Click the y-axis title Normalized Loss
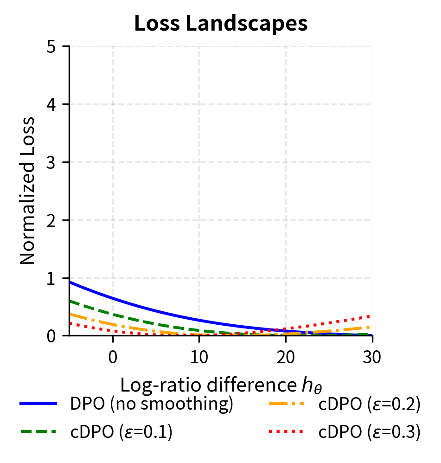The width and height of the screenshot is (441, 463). [x=28, y=190]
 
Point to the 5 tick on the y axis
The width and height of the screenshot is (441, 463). [x=52, y=47]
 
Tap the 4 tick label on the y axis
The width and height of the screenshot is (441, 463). [x=52, y=104]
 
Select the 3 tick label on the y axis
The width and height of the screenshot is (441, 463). [x=52, y=162]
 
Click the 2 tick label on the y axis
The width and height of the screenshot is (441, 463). [x=52, y=220]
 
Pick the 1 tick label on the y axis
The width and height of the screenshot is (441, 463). [x=52, y=278]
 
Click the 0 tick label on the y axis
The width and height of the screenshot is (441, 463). [x=52, y=336]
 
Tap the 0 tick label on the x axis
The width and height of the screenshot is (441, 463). [x=113, y=358]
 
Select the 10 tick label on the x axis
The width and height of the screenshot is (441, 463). [x=199, y=358]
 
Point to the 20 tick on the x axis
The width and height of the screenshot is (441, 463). [x=286, y=358]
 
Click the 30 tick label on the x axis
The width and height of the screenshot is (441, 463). [x=372, y=358]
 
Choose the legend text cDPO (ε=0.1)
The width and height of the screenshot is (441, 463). [x=121, y=432]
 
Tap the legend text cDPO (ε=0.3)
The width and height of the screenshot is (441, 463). [x=370, y=432]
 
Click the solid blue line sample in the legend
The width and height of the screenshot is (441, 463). [x=38, y=404]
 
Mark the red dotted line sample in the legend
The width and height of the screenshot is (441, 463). [x=287, y=432]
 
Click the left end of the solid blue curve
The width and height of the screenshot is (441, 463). [x=70, y=282]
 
